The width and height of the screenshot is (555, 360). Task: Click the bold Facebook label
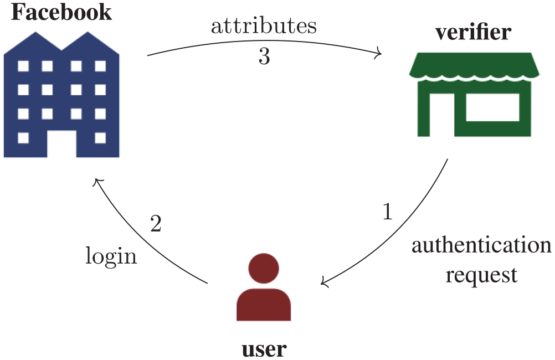61,12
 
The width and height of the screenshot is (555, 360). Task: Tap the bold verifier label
473,32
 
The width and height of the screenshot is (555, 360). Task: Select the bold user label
264,349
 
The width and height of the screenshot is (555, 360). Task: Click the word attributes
264,26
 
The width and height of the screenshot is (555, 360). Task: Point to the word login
111,255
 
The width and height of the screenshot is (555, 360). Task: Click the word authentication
481,245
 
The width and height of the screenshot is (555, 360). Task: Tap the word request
481,275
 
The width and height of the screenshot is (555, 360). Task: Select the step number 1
388,212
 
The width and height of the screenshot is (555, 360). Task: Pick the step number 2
156,223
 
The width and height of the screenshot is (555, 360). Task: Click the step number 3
264,56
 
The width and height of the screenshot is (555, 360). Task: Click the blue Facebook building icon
61,95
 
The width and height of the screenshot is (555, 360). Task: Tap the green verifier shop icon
474,95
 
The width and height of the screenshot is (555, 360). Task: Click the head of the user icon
264,268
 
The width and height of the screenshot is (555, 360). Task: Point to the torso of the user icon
264,305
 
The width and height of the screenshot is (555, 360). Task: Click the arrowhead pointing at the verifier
379,54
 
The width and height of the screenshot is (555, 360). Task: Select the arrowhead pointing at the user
324,282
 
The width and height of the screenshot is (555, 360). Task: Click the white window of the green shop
492,107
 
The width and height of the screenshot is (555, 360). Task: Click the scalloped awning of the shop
474,66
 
